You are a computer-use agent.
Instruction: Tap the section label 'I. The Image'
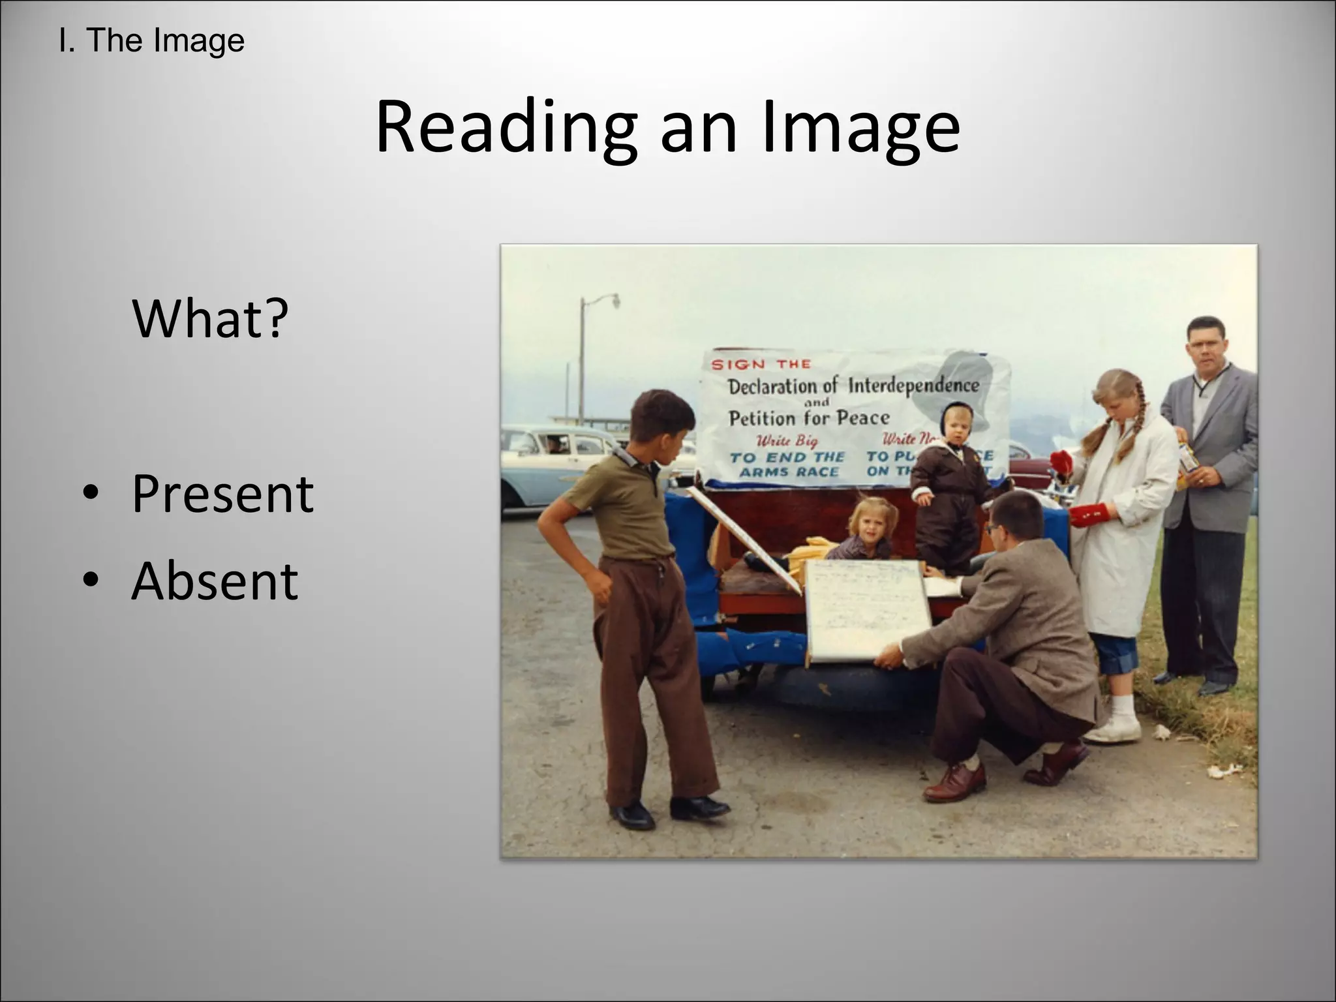[151, 40]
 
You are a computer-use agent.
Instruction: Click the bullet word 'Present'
[222, 494]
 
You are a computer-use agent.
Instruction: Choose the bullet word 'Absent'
[215, 581]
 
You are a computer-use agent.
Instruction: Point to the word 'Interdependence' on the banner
[913, 386]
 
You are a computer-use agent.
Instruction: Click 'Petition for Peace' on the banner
[809, 417]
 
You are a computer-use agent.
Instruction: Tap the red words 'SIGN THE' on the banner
[761, 364]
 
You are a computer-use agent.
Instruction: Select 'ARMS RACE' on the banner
[789, 472]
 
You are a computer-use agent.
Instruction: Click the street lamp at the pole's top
[613, 300]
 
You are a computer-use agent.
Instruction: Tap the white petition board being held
[864, 610]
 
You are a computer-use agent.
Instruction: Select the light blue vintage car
[554, 463]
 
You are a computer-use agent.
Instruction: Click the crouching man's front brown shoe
[954, 783]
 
